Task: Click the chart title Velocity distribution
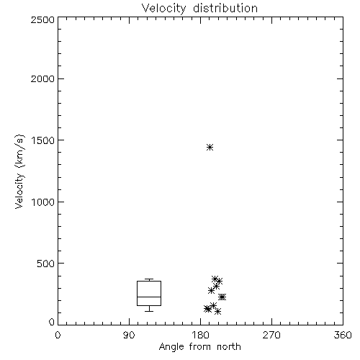(x=199, y=8)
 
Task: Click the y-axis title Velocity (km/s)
(x=19, y=171)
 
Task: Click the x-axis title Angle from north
(x=199, y=346)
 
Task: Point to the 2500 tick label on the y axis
(x=42, y=19)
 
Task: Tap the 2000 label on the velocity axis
(x=42, y=78)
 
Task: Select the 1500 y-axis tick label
(x=43, y=140)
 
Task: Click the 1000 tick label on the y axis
(x=43, y=202)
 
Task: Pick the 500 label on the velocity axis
(x=46, y=264)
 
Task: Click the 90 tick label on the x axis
(x=129, y=335)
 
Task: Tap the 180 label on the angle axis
(x=200, y=335)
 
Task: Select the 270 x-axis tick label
(x=271, y=335)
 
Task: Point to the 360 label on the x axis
(x=343, y=335)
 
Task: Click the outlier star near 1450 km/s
(x=210, y=147)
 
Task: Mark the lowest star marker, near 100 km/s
(x=217, y=312)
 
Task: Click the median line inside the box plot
(x=149, y=297)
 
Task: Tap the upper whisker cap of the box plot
(x=149, y=279)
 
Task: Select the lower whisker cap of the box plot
(x=149, y=311)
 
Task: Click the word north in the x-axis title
(x=229, y=346)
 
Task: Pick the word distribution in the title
(x=225, y=8)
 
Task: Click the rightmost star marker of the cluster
(x=223, y=297)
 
